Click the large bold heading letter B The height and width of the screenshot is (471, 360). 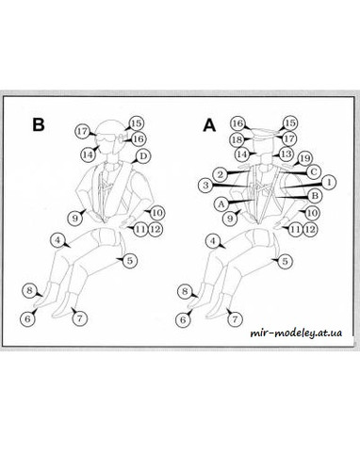point(39,124)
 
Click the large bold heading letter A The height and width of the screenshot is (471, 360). point(209,125)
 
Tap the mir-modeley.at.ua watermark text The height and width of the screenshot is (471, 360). point(296,333)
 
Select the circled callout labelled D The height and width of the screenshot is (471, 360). point(143,156)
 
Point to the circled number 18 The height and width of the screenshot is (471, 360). point(237,139)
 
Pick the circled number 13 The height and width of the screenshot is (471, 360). point(286,154)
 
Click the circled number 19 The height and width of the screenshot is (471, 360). point(304,158)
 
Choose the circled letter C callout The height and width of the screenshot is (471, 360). point(313,171)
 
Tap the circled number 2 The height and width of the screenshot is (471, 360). point(221,174)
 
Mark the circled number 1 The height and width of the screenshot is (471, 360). point(329,182)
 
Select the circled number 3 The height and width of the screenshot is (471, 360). point(205,185)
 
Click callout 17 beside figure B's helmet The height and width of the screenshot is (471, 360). point(83,131)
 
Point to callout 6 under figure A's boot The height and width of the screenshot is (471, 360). point(183,320)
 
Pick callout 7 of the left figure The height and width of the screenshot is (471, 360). point(79,318)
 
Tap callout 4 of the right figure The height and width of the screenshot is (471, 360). point(213,241)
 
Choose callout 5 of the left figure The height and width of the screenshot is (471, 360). point(130,261)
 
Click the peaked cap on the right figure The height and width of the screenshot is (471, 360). point(266,134)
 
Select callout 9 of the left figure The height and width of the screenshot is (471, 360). point(75,218)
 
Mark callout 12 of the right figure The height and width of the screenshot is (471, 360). point(310,229)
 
